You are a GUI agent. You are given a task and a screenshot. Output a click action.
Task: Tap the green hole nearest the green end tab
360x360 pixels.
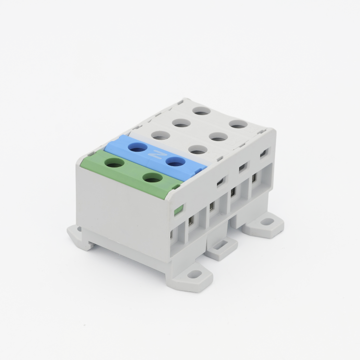[152, 178]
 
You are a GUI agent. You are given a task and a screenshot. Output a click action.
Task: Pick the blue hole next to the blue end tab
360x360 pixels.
[176, 162]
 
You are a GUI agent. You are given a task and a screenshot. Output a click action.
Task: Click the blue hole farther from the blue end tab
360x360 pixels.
[138, 147]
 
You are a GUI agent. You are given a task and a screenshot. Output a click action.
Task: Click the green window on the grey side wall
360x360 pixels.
[178, 209]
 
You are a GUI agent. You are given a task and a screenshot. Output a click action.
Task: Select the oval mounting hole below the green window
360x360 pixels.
[195, 274]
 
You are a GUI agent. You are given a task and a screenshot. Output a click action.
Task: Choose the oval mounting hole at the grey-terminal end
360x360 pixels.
[267, 222]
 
